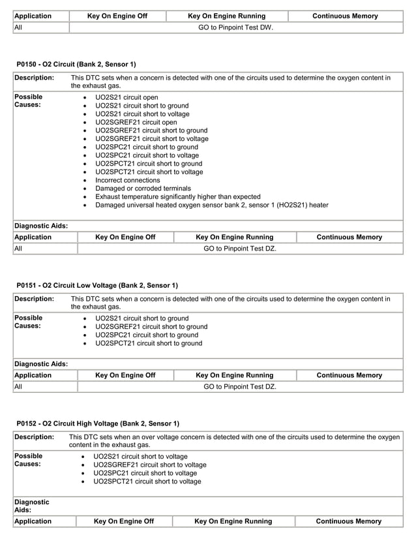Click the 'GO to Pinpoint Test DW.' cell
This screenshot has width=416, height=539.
(235, 27)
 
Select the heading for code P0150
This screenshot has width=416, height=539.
(76, 64)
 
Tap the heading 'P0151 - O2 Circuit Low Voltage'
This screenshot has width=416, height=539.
(97, 285)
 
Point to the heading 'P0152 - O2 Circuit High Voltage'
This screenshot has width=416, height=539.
(98, 423)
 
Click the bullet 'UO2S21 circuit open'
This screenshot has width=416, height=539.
(126, 97)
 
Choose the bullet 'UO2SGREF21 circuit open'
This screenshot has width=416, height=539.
(136, 122)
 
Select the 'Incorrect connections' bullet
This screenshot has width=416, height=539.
(127, 180)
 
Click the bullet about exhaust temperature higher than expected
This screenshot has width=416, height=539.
(177, 196)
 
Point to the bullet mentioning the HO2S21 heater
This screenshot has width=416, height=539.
(211, 205)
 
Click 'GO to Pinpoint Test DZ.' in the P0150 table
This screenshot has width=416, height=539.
(240, 249)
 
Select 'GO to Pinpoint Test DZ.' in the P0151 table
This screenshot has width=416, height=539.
(240, 386)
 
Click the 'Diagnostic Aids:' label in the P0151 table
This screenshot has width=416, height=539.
(40, 364)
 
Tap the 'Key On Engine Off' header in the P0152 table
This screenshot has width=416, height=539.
(124, 521)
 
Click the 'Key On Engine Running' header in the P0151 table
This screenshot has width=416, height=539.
(235, 375)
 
